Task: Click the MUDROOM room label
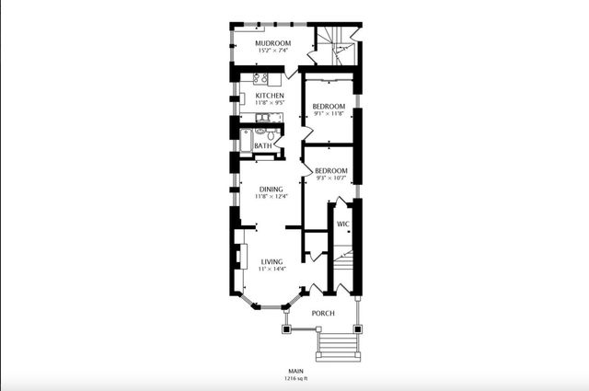click(x=273, y=43)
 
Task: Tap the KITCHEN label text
click(x=270, y=96)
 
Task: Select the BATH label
click(x=263, y=145)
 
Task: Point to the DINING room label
click(x=271, y=190)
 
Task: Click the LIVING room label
click(x=272, y=262)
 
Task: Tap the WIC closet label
click(x=343, y=224)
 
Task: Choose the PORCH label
click(x=323, y=313)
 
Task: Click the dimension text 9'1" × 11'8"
click(x=329, y=113)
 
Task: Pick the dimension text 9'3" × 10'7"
click(x=331, y=178)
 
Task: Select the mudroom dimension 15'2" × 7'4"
click(x=272, y=51)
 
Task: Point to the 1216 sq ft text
click(x=296, y=379)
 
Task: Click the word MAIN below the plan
click(x=296, y=371)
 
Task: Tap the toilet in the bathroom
click(x=271, y=134)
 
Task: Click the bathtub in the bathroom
click(x=246, y=141)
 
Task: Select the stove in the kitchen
click(x=260, y=78)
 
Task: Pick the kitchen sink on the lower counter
click(x=263, y=118)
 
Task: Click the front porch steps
click(x=338, y=346)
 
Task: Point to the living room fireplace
click(x=241, y=256)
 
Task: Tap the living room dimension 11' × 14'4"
click(x=272, y=269)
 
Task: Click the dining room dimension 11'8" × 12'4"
click(x=271, y=197)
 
